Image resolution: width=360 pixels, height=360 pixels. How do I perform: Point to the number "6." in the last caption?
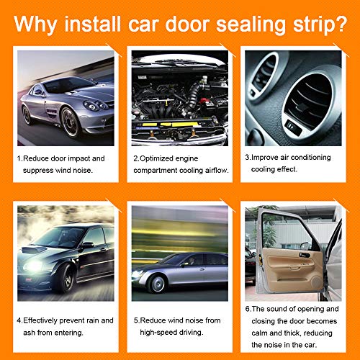pyautogui.click(x=248, y=309)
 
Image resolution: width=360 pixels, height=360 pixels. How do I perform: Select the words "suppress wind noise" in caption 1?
pyautogui.click(x=60, y=171)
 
